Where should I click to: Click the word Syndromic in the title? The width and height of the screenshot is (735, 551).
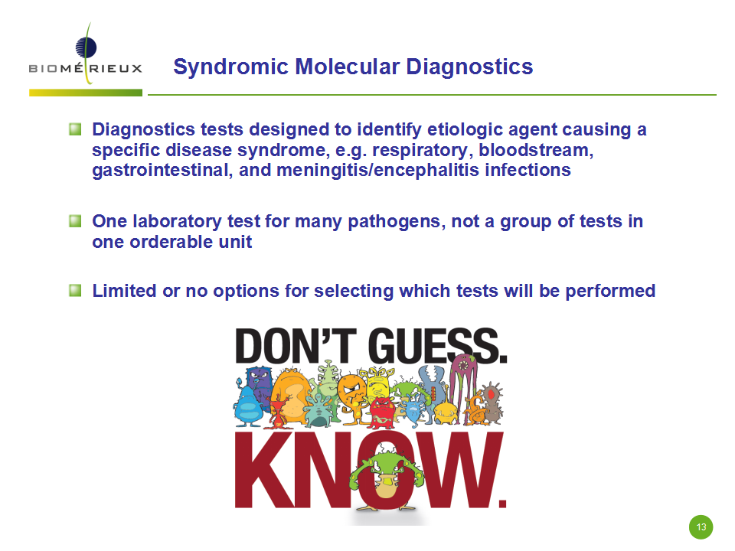pos(230,67)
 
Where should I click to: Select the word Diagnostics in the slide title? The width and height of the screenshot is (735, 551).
pos(469,67)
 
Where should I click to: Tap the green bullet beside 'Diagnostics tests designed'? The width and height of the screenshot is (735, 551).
pos(75,129)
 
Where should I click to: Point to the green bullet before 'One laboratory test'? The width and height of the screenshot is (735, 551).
pos(75,220)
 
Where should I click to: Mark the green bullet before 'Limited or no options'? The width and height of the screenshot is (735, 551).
pos(75,291)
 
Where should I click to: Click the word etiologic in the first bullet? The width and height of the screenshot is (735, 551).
pos(465,130)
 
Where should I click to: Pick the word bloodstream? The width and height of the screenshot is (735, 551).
pos(536,150)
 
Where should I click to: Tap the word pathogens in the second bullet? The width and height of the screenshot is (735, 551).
pos(397,222)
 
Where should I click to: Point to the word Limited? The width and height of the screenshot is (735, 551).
pos(124,291)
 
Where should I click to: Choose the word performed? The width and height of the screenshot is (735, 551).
pos(610,291)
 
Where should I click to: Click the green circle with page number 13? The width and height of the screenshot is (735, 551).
pos(701,527)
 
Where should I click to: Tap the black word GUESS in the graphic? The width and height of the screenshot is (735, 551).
pos(437,346)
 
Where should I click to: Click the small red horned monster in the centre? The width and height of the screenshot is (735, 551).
pos(384,412)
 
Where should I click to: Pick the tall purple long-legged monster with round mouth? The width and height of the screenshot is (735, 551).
pos(463,380)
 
